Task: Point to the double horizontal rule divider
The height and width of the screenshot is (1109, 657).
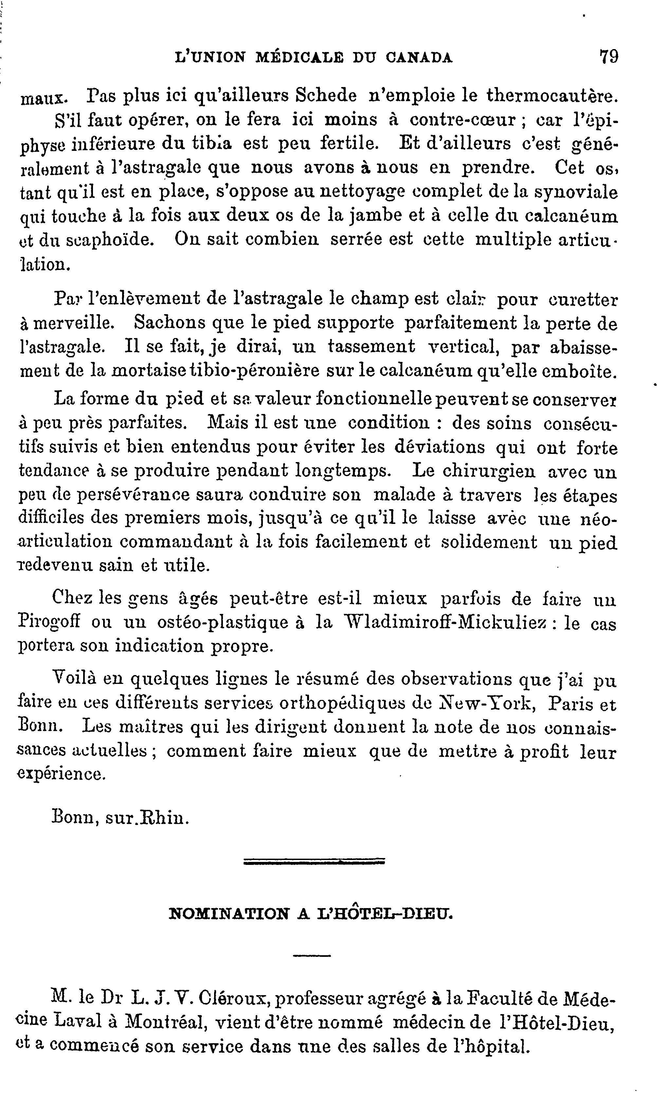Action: point(314,862)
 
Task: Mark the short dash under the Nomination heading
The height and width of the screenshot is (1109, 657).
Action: point(312,956)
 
